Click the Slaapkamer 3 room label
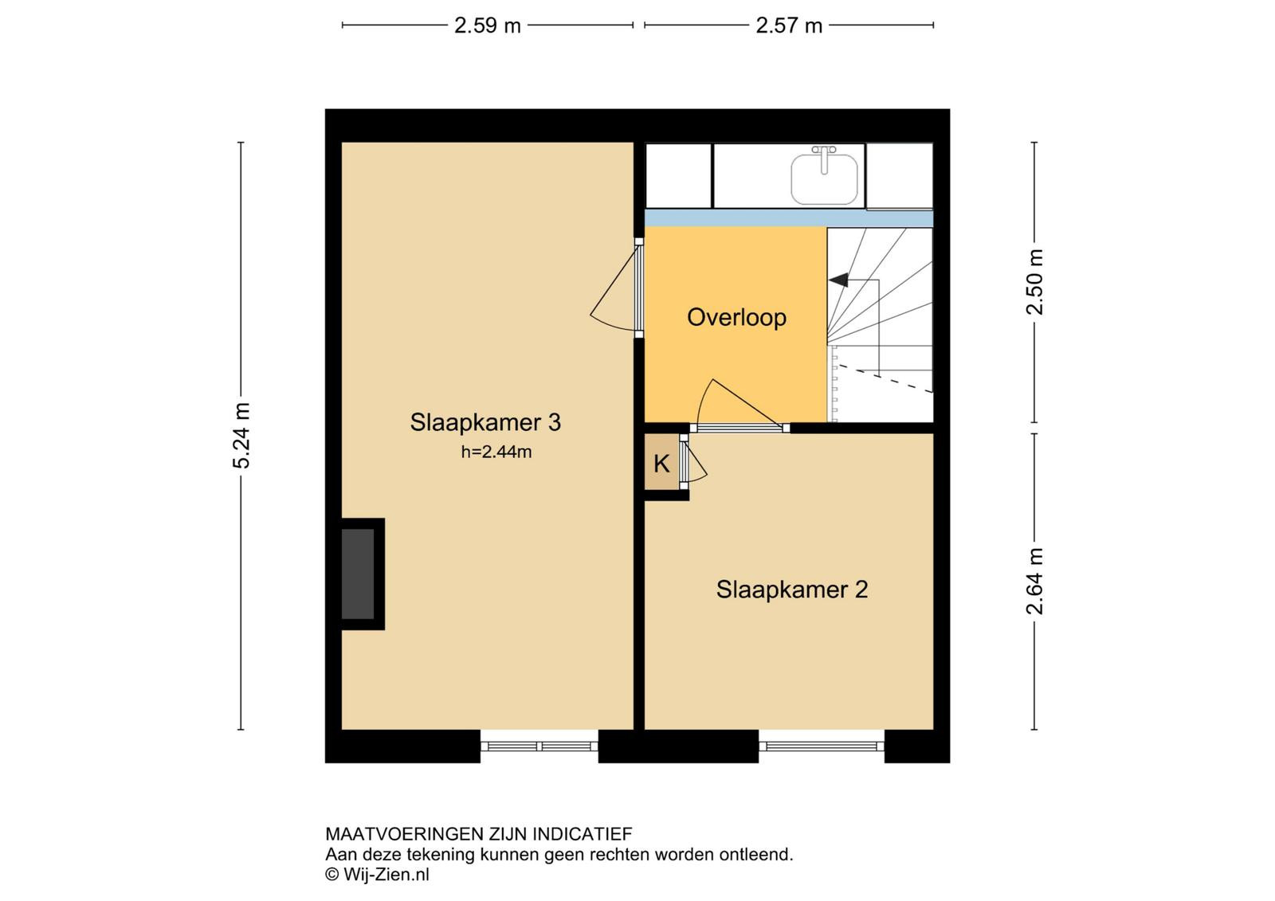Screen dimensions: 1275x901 pyautogui.click(x=485, y=422)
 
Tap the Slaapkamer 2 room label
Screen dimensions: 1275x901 pyautogui.click(x=792, y=590)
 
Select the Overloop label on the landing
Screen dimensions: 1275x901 pyautogui.click(x=736, y=318)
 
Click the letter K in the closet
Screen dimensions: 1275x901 pyautogui.click(x=661, y=464)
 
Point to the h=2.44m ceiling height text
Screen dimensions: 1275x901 pyautogui.click(x=496, y=452)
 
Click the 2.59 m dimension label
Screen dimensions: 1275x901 pyautogui.click(x=487, y=25)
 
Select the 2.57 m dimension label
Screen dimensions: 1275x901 pyautogui.click(x=789, y=25)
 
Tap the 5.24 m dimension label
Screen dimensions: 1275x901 pyautogui.click(x=241, y=436)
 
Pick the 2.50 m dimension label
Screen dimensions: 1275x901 pyautogui.click(x=1035, y=282)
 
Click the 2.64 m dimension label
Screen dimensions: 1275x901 pyautogui.click(x=1035, y=581)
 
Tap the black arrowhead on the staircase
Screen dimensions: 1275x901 pyautogui.click(x=838, y=280)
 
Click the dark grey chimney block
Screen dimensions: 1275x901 pyautogui.click(x=358, y=574)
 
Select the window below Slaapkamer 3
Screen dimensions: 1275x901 pyautogui.click(x=539, y=746)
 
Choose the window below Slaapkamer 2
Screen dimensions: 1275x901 pyautogui.click(x=822, y=746)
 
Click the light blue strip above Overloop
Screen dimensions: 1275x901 pyautogui.click(x=789, y=218)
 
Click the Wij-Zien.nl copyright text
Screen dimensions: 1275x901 pyautogui.click(x=377, y=874)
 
